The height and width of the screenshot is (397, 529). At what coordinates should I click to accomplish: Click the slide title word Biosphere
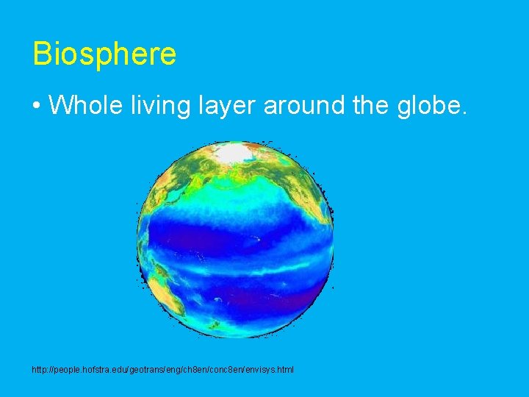pos(104,54)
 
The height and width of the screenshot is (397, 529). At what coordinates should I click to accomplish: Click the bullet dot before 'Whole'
pos(36,106)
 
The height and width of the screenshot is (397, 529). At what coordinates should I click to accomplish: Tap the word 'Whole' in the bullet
pos(84,105)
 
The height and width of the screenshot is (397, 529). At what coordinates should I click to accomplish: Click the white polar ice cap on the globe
pos(233,152)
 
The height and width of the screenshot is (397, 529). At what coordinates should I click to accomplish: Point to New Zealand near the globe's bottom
pos(214,323)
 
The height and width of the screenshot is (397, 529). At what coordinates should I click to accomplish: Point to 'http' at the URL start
pos(39,369)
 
